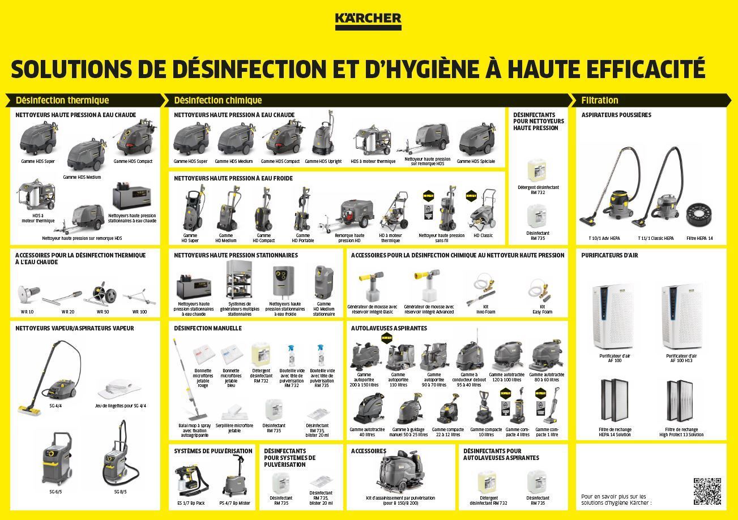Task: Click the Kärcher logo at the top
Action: (x=368, y=20)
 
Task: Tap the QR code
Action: (x=707, y=491)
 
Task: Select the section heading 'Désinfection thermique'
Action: (x=62, y=100)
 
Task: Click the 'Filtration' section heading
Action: (x=600, y=100)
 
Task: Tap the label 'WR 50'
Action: (x=103, y=312)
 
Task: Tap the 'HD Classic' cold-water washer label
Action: (x=483, y=235)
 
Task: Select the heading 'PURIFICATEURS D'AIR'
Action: (x=609, y=255)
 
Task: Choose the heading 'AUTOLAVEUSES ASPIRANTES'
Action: (x=389, y=328)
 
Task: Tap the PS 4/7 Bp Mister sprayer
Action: (x=234, y=478)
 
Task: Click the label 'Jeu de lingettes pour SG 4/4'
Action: (x=120, y=406)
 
